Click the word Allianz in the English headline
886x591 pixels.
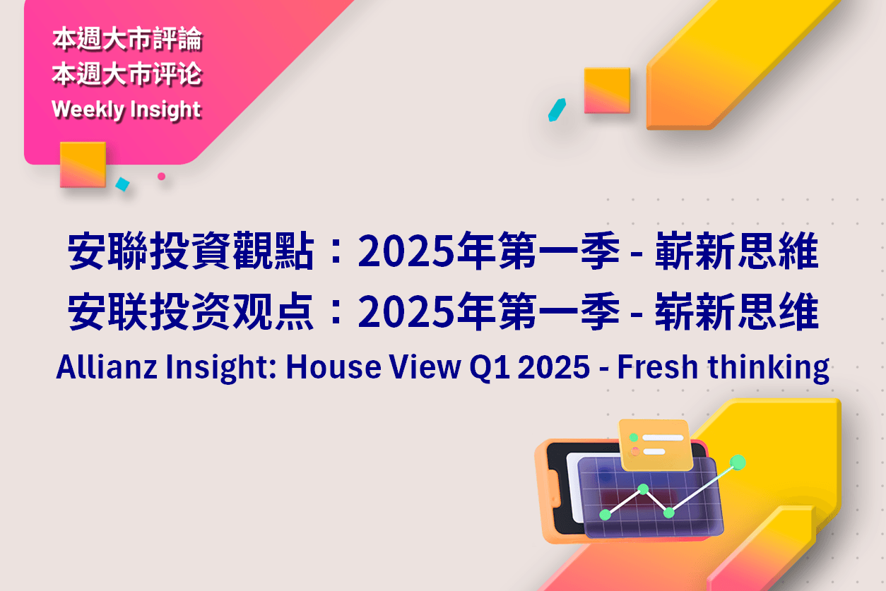coord(107,367)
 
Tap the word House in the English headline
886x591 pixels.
coord(333,367)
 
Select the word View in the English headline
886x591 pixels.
coord(425,367)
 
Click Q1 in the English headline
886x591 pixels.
coord(489,368)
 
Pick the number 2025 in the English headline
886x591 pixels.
coord(554,367)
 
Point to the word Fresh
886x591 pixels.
coord(657,367)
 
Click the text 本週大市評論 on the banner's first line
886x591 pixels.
coord(127,39)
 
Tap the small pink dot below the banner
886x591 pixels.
coord(161,177)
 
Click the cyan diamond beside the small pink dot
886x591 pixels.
coord(123,184)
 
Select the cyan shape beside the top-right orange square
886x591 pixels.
coord(557,110)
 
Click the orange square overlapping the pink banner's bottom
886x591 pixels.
coord(83,165)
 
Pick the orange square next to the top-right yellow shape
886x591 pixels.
coord(607,90)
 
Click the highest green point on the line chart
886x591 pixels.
coord(738,462)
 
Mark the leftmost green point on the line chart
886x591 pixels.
coord(606,515)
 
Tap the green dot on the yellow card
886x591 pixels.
coord(634,437)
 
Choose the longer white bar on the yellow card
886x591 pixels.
coord(663,438)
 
